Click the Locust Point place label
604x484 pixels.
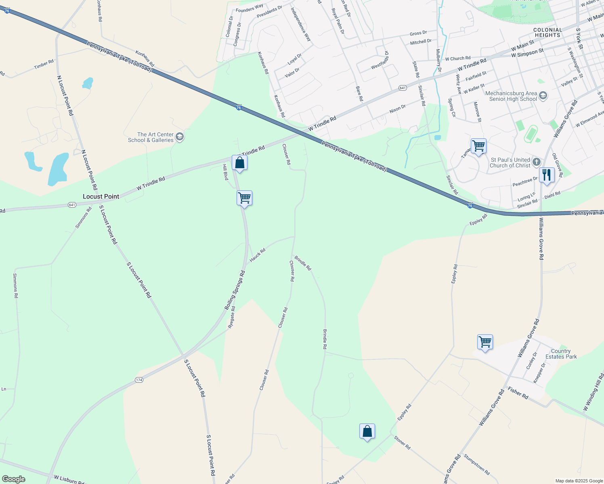click(x=101, y=196)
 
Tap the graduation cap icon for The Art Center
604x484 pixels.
click(x=180, y=137)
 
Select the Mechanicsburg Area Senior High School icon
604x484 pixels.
click(x=543, y=96)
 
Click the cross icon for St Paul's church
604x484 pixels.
click(x=536, y=162)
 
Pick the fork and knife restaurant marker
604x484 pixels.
click(x=546, y=175)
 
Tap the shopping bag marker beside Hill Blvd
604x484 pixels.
click(x=239, y=163)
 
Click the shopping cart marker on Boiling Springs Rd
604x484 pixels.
click(x=244, y=198)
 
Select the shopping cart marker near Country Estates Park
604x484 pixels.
click(x=484, y=342)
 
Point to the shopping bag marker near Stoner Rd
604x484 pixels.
click(x=367, y=431)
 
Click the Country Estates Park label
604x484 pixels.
click(x=561, y=354)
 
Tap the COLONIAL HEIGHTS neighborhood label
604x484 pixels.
click(x=547, y=33)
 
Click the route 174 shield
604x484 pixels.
click(x=139, y=380)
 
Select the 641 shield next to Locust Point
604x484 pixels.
click(x=72, y=205)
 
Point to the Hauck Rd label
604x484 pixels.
click(x=257, y=255)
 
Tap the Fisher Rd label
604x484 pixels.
click(x=518, y=393)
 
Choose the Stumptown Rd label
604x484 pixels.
click(x=477, y=464)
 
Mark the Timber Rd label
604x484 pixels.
click(x=44, y=64)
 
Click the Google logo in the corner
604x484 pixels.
click(x=13, y=479)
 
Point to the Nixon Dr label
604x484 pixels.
click(x=397, y=109)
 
